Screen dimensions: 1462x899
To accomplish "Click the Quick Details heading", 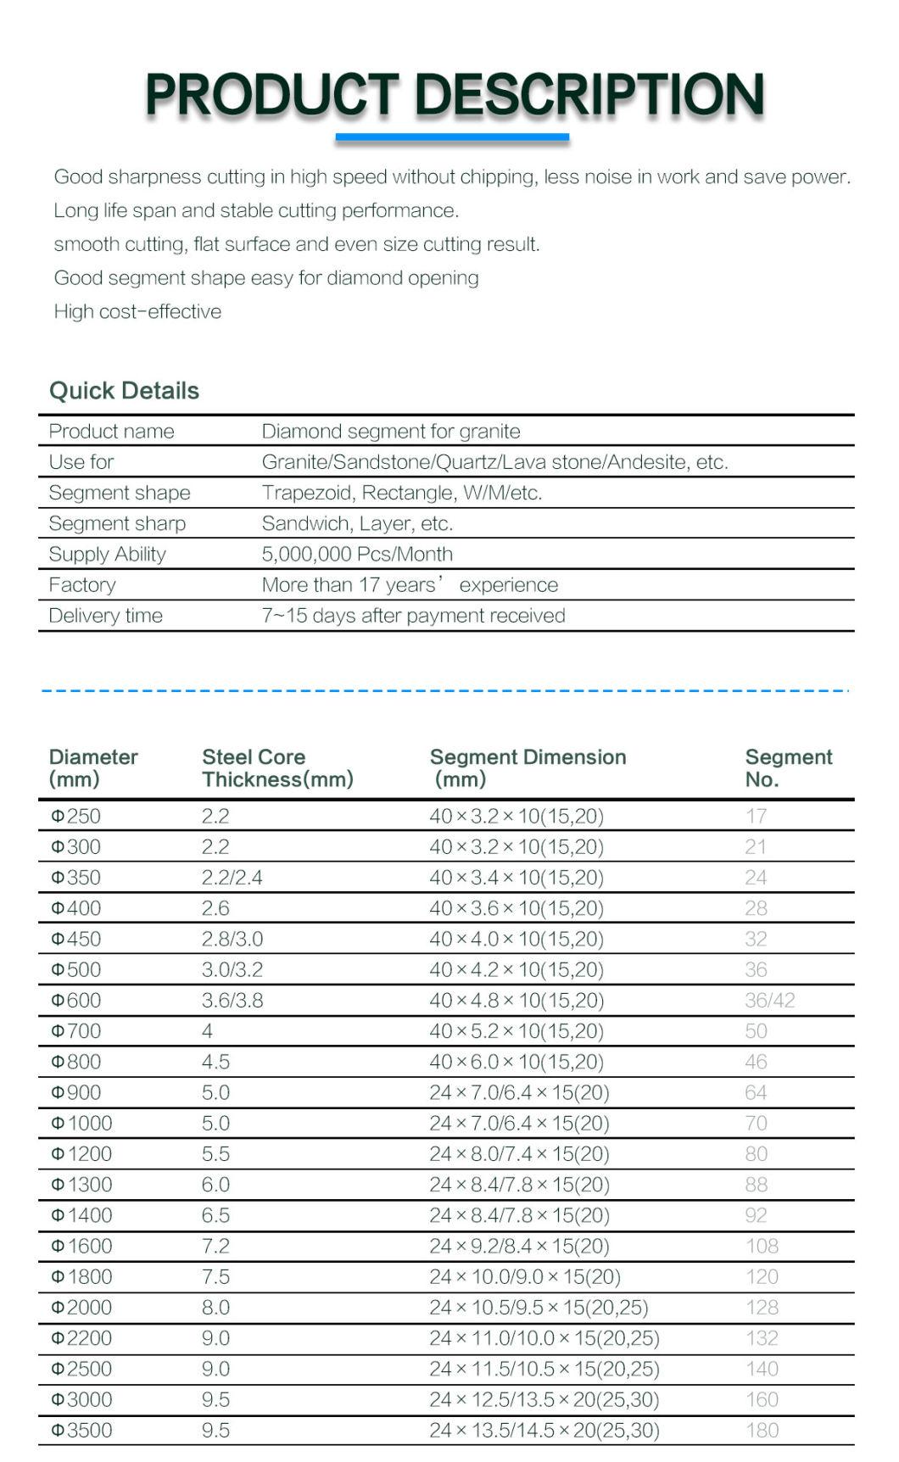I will click(124, 391).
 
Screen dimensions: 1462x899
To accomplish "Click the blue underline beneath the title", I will click(452, 137).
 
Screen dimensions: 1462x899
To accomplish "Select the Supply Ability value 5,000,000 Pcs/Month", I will click(357, 555).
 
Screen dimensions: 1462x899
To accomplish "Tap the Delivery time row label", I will click(105, 616).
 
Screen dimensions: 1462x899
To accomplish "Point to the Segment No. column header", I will click(788, 768).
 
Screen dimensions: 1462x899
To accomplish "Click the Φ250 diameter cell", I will click(75, 817).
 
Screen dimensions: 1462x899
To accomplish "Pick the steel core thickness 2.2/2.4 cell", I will click(232, 878).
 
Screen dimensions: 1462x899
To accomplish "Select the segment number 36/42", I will click(769, 1001).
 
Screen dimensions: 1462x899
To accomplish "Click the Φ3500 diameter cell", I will click(81, 1431).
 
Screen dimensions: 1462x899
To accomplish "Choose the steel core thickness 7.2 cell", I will click(215, 1247).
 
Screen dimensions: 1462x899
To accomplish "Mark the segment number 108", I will click(762, 1247).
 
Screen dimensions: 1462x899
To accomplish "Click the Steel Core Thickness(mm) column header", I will click(277, 768).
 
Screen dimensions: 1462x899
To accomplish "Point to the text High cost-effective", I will click(137, 312).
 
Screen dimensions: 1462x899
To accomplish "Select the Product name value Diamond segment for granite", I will click(390, 432).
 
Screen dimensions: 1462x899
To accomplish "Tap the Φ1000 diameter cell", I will click(81, 1124).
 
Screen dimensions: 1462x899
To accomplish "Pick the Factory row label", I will click(82, 585).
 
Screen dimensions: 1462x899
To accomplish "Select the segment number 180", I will click(762, 1431).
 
